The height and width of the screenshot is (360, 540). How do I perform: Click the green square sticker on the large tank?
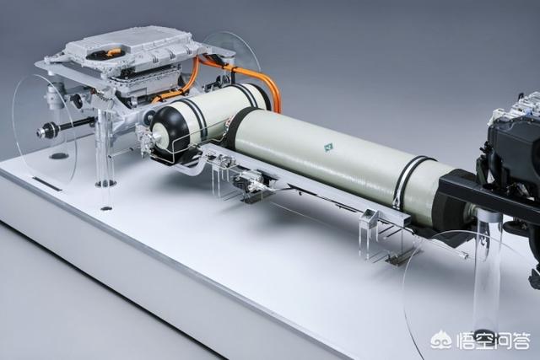point(328,148)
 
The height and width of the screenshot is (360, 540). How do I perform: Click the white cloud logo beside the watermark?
point(441,340)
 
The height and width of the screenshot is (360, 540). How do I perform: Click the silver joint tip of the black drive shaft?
point(45,132)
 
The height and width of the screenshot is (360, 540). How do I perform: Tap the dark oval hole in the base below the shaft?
point(59,156)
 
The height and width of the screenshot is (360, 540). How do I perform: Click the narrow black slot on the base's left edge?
point(47,184)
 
